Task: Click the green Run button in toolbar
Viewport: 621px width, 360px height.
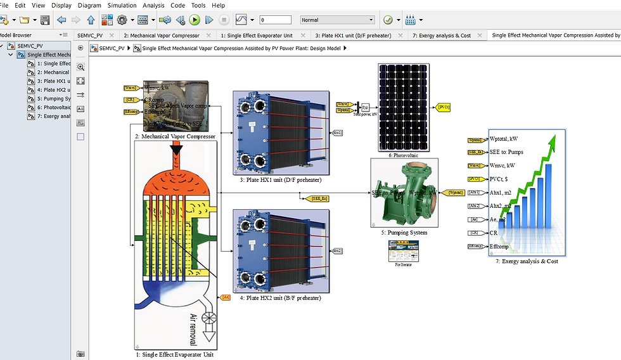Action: [195, 20]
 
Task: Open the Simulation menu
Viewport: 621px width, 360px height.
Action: [122, 5]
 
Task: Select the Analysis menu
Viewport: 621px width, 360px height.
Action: [153, 5]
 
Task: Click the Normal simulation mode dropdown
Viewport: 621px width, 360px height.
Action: [346, 20]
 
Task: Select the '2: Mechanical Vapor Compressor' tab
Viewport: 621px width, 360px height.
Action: [161, 35]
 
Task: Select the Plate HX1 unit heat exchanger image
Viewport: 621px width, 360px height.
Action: [280, 132]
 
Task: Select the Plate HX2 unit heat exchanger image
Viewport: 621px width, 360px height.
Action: [280, 250]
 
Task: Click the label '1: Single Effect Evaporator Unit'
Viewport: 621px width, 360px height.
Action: [174, 355]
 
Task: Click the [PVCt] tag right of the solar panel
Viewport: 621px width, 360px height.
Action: [444, 108]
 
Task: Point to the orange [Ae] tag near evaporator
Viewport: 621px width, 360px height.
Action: [226, 297]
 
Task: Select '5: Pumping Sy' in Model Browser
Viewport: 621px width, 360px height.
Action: [53, 99]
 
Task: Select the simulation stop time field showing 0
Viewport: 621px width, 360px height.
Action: [275, 20]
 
